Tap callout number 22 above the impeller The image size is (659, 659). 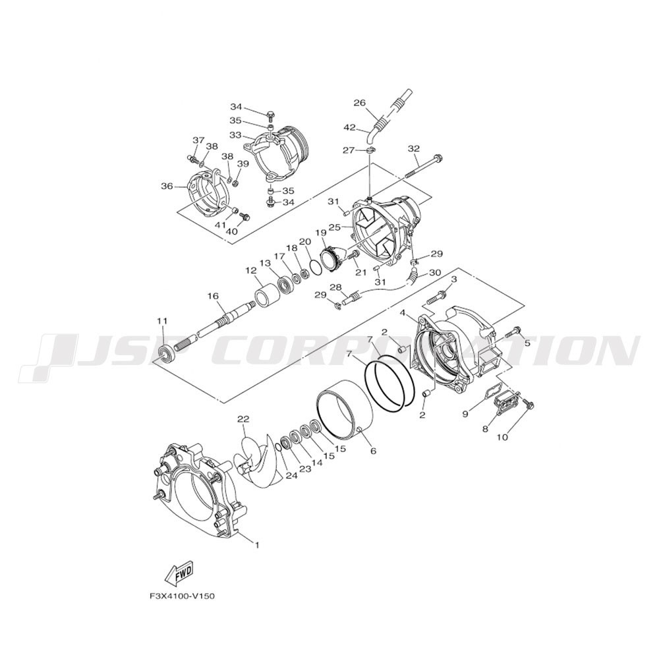click(x=243, y=419)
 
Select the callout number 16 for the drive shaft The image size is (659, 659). click(x=213, y=297)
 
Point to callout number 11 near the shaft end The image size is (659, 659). click(x=162, y=321)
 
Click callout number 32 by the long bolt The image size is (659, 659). click(x=414, y=148)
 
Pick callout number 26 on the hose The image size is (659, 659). click(x=360, y=103)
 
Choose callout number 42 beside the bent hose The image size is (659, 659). click(x=350, y=127)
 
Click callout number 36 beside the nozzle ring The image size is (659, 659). click(x=167, y=186)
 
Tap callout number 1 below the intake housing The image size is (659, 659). click(x=257, y=545)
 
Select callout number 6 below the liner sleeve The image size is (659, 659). click(x=373, y=451)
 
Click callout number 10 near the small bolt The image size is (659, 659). click(x=502, y=438)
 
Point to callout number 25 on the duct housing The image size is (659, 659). click(x=334, y=227)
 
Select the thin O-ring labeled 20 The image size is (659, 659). click(x=314, y=266)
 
